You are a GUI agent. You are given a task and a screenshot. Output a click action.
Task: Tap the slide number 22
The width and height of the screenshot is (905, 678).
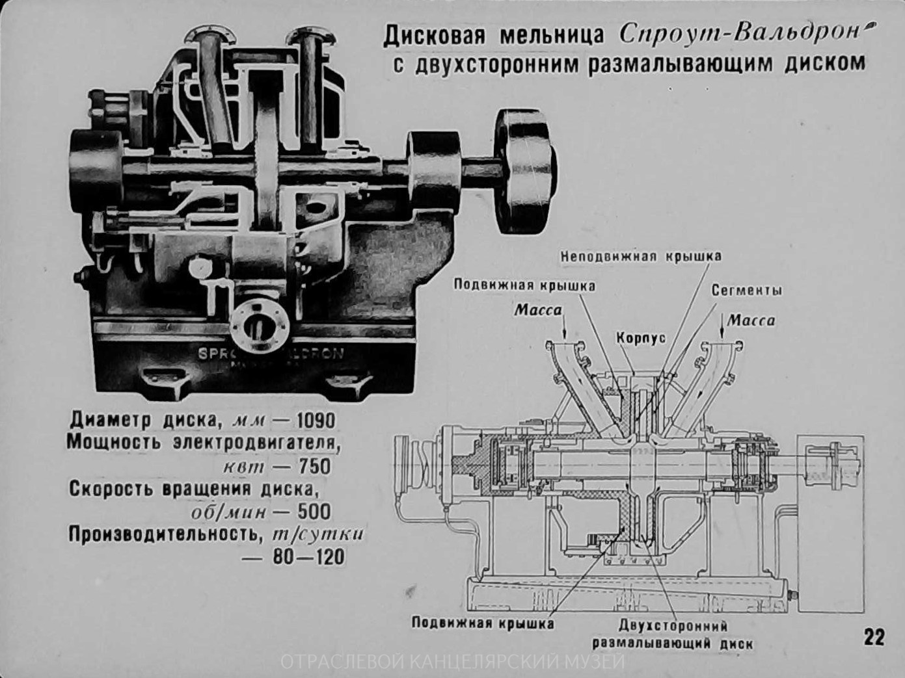[874, 636]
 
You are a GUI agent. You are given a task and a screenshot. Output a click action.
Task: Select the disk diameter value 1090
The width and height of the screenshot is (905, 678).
[316, 421]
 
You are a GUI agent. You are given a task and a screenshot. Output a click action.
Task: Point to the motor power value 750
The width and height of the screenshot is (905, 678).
[314, 466]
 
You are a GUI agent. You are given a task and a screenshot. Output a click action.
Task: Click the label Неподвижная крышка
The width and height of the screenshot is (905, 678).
[641, 256]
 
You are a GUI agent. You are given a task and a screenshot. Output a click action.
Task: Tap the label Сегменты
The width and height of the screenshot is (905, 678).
[746, 290]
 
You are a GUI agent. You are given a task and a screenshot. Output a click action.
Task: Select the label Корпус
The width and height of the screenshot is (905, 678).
[641, 339]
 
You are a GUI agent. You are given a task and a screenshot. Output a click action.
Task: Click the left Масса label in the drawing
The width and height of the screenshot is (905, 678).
[537, 310]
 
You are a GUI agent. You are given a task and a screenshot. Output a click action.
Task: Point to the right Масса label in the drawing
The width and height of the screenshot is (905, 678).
[751, 320]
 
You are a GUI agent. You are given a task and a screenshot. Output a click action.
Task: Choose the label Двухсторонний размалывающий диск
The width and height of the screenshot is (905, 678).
[672, 634]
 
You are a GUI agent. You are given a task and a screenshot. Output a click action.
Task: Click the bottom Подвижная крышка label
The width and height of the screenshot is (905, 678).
[483, 623]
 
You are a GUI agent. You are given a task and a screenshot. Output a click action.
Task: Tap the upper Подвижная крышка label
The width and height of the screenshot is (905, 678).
[524, 285]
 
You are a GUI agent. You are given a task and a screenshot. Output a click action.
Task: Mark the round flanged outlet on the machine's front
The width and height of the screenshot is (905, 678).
[260, 324]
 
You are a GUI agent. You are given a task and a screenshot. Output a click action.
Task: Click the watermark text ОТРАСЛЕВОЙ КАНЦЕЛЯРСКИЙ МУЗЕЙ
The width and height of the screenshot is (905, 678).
[453, 663]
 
